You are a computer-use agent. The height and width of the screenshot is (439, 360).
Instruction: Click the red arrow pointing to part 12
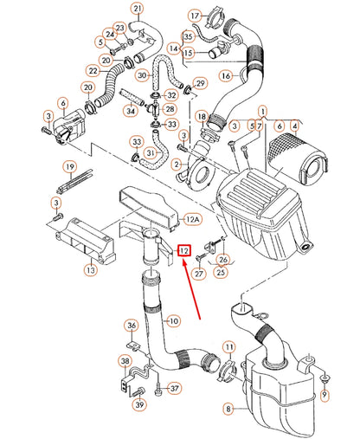[192, 289]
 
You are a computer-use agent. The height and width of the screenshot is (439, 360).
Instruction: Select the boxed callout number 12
[183, 251]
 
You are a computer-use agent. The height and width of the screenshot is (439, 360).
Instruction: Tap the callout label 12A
[193, 221]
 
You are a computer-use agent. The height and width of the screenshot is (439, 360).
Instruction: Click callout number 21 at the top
[137, 10]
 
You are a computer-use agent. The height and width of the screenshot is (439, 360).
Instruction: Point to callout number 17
[196, 16]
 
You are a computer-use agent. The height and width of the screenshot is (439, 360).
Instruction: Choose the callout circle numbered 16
[226, 76]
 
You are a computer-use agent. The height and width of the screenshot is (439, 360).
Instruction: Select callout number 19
[67, 166]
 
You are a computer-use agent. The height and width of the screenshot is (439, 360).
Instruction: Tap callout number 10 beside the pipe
[174, 321]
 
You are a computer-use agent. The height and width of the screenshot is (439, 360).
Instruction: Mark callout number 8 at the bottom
[228, 408]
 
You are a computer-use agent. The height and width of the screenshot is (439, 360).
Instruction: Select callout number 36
[132, 326]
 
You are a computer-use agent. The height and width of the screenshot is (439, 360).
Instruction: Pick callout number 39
[138, 404]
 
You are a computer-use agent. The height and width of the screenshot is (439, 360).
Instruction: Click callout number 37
[175, 388]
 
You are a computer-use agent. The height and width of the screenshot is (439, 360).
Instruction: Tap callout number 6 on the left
[62, 103]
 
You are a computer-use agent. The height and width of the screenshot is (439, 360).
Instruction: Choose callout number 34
[131, 110]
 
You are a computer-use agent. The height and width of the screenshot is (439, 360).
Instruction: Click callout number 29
[200, 83]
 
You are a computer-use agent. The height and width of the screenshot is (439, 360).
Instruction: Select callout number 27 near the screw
[197, 274]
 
